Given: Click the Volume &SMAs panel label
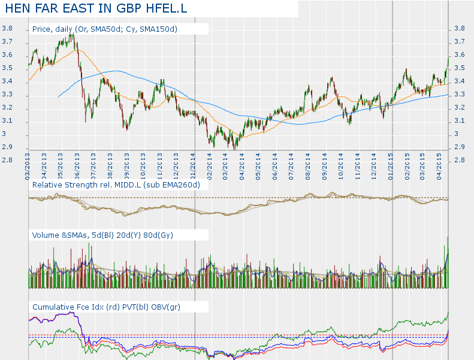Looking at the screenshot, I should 102,235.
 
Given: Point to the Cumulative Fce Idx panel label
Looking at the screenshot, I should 114,307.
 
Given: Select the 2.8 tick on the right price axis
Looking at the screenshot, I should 460,161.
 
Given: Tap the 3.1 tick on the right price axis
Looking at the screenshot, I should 460,121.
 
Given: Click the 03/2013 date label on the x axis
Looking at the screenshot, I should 28,164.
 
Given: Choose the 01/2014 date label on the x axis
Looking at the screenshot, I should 194,164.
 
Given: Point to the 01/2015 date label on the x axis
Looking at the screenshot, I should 391,164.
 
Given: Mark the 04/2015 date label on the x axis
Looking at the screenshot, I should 440,164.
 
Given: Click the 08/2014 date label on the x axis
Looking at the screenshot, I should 308,164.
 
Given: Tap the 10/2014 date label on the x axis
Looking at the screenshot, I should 341,164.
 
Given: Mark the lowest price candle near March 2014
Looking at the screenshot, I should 234,147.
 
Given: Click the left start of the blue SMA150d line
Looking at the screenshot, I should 58,96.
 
